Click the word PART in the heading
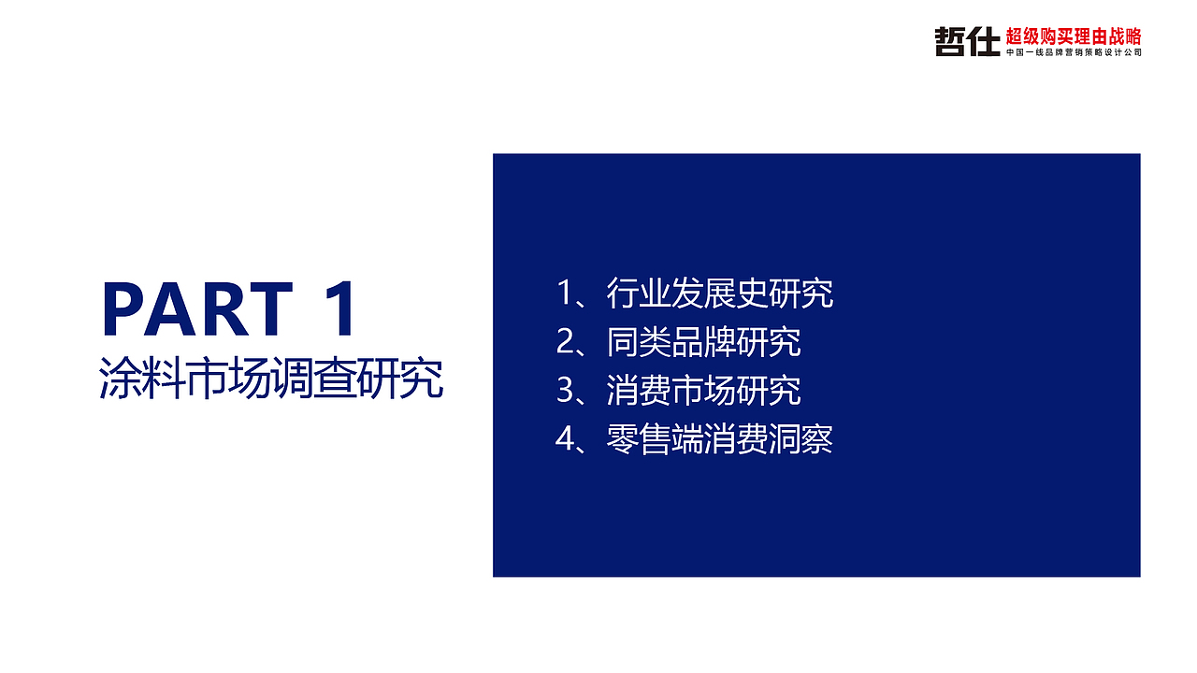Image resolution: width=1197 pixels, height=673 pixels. pos(196,309)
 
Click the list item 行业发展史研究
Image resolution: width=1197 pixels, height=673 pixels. pos(719,294)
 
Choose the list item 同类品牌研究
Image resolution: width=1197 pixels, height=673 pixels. pos(703,342)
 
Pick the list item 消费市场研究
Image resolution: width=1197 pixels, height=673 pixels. pos(703,391)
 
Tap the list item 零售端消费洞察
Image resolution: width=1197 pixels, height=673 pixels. pos(719,439)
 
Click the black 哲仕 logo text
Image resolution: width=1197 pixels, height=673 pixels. pos(967,41)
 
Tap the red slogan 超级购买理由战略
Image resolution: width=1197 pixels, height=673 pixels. pos(1074,36)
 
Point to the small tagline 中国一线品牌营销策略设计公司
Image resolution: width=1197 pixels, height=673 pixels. pos(1074,53)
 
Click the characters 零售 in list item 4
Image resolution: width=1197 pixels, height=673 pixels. pos(639,439)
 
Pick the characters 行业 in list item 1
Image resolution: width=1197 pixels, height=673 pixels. pos(639,294)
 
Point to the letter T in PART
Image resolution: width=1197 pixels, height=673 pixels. pos(271,309)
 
